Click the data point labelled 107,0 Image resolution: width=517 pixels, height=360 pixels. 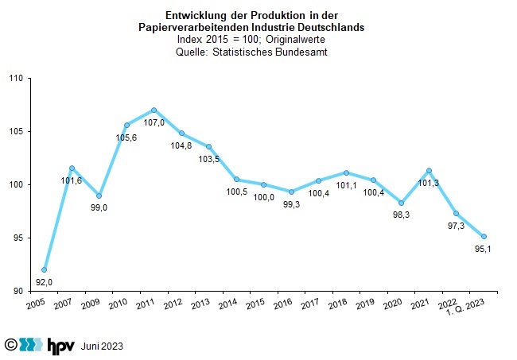tap(154, 110)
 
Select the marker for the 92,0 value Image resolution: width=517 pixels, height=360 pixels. tap(45, 269)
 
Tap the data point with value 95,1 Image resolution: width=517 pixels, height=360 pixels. tap(484, 236)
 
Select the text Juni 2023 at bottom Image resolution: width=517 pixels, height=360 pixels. tap(102, 346)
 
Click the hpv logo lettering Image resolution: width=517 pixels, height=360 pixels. tap(63, 346)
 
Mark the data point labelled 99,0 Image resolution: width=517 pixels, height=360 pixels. tap(99, 195)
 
